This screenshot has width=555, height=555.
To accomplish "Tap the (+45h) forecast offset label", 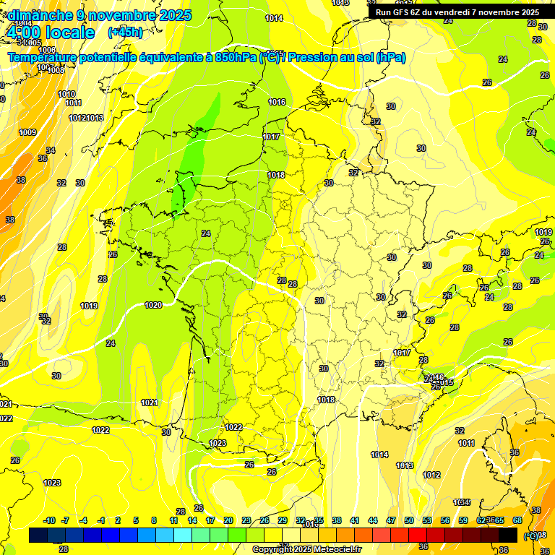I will (125, 33).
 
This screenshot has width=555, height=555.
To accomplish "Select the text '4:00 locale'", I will (50, 33).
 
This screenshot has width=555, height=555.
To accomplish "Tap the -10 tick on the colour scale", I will (50, 520).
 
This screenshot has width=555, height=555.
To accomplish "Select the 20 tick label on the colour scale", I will (228, 520).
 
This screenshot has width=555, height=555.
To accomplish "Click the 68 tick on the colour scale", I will (517, 520).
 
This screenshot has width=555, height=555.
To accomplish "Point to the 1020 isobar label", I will (153, 306).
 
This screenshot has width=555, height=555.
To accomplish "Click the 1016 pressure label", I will (277, 102).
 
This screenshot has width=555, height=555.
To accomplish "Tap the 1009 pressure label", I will (28, 132).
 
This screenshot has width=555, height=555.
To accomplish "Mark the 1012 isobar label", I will (432, 475).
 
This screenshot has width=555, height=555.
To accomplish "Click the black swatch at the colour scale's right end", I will (508, 535).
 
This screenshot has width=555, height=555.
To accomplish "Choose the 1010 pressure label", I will (66, 94).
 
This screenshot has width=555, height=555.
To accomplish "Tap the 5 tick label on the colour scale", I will (137, 520).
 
